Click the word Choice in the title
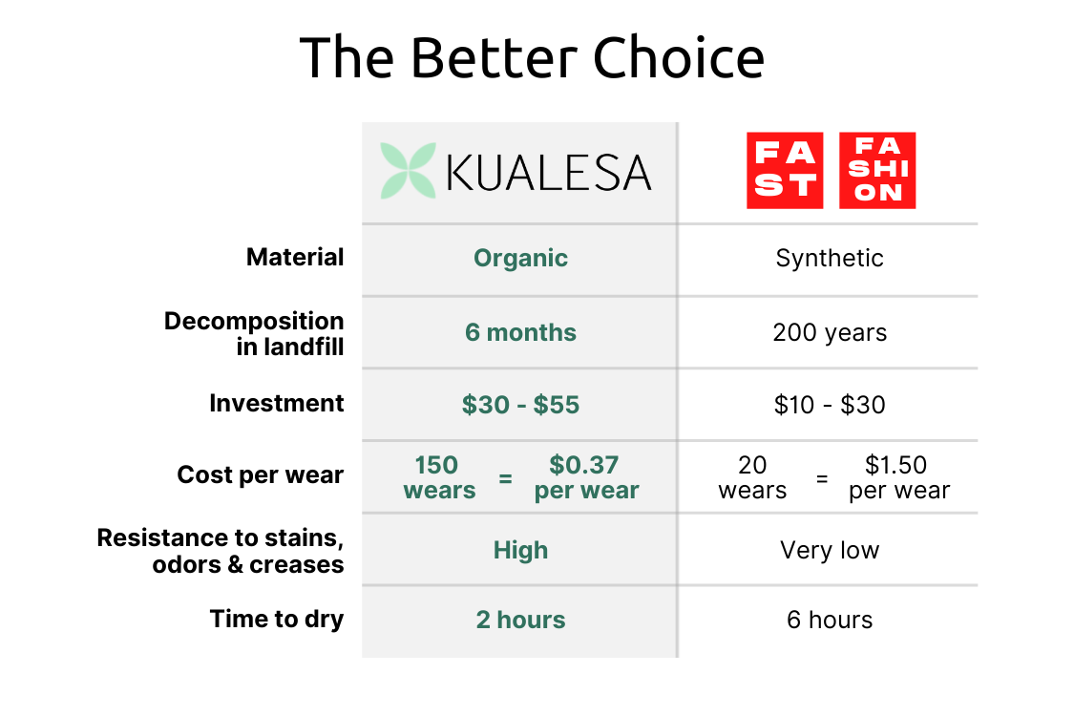679,58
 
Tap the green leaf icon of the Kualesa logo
408,171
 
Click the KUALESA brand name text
549,173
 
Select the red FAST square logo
785,171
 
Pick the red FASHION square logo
877,171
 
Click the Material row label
295,257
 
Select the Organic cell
520,258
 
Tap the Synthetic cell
830,258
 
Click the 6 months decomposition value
520,332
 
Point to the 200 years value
830,332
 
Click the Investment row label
277,403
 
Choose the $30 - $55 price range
520,405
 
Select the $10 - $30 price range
830,405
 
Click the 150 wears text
438,477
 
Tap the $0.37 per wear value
585,477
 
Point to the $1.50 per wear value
898,477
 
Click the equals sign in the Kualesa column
506,478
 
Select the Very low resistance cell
830,550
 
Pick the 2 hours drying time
520,620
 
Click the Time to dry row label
277,619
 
